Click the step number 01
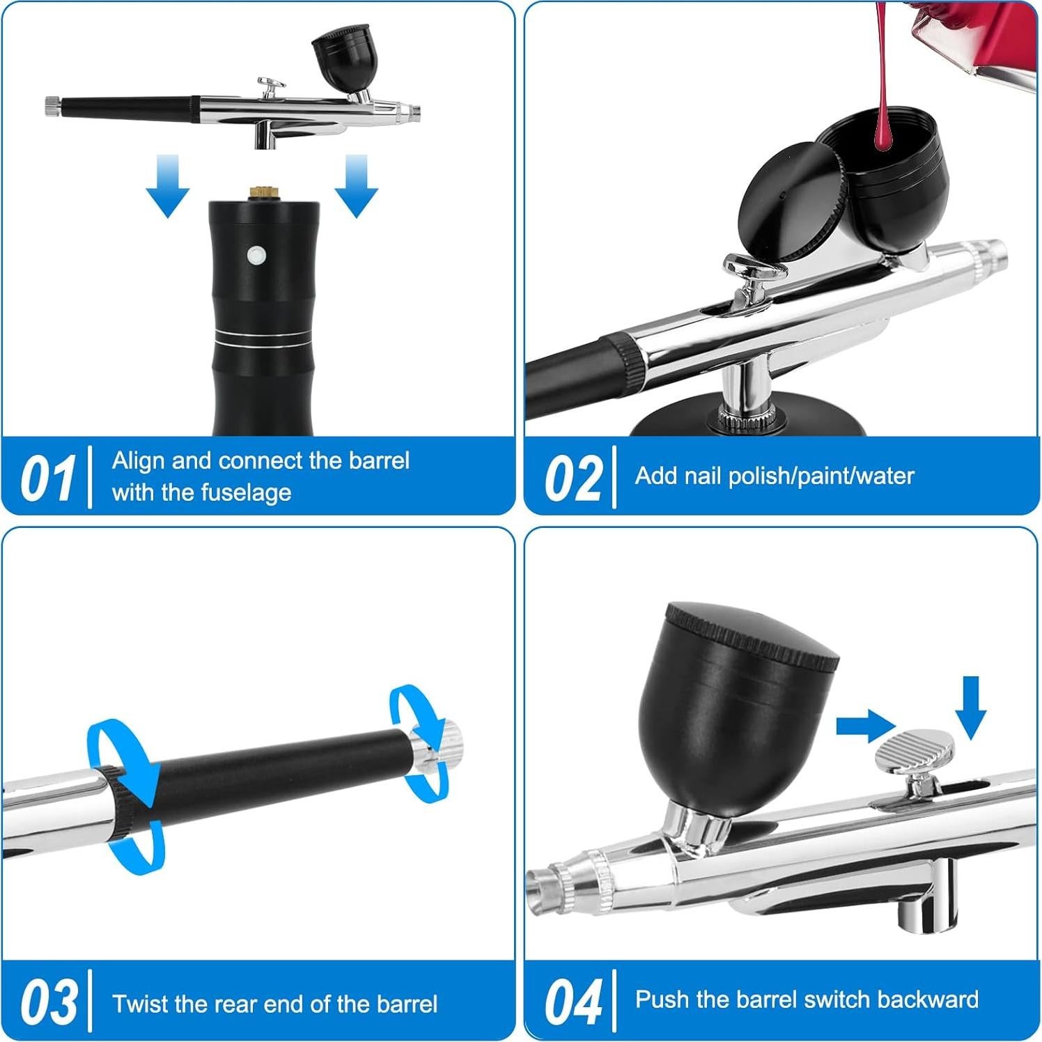click(x=47, y=479)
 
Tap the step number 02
click(x=573, y=479)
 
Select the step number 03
click(x=49, y=1002)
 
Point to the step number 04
click(x=573, y=1002)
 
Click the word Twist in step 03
click(x=141, y=1004)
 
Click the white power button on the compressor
click(x=257, y=256)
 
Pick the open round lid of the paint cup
click(x=792, y=203)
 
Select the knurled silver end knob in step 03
click(x=446, y=740)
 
